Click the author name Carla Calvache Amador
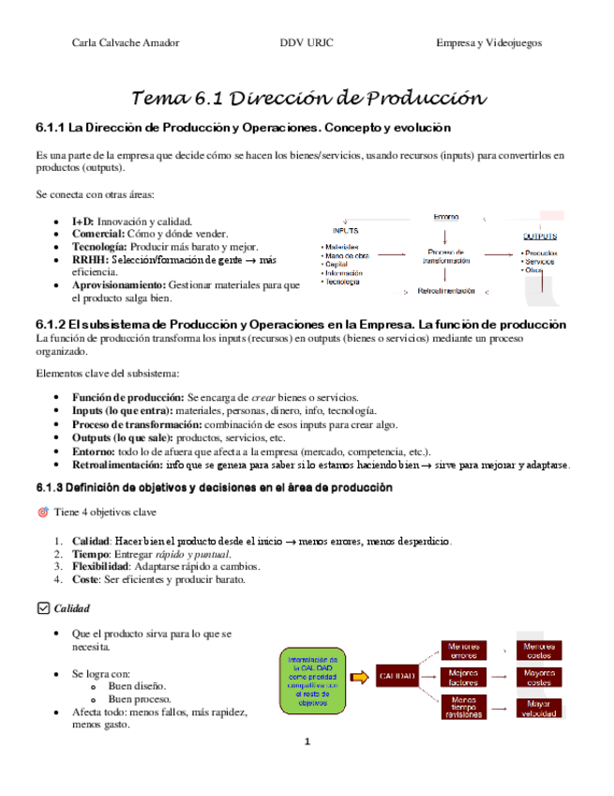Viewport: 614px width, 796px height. [126, 42]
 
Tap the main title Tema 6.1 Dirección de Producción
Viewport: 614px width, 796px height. [308, 98]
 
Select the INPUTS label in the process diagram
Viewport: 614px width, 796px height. [344, 230]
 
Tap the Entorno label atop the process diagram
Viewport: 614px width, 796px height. [445, 217]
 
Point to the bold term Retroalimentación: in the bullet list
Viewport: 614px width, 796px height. [122, 465]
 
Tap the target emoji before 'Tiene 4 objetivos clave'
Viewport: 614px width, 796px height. [42, 513]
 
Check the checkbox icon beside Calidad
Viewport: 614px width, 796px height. [42, 608]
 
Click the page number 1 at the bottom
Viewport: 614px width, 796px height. [307, 742]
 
